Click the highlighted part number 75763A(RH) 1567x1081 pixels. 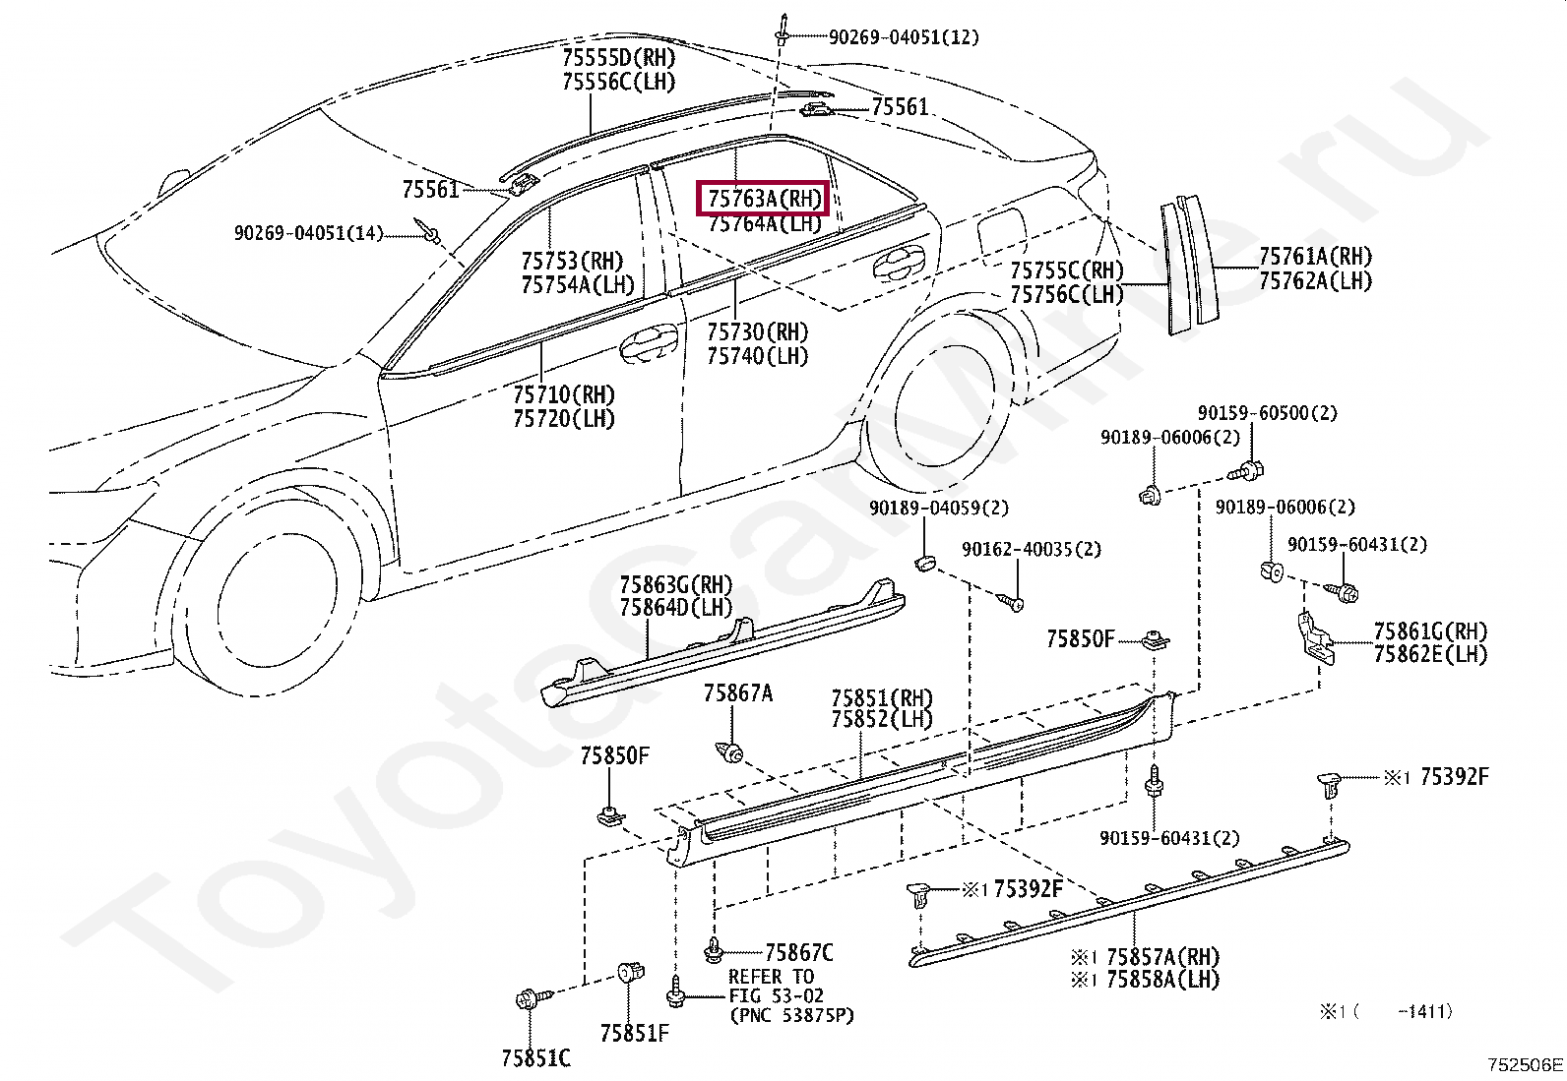(x=764, y=199)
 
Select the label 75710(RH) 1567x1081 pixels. (x=563, y=395)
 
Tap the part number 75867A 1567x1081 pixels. (x=738, y=693)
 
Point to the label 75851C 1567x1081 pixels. (x=535, y=1058)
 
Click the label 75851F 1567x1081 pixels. (x=635, y=1033)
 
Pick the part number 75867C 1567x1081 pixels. (x=798, y=952)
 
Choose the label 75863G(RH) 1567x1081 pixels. (x=675, y=585)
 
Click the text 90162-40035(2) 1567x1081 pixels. (x=1031, y=549)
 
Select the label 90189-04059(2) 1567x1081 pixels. (x=938, y=508)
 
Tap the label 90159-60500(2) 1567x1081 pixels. (x=1267, y=413)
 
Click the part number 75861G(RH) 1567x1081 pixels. (x=1430, y=631)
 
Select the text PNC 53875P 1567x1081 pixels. (x=791, y=1015)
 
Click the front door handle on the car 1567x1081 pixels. (x=647, y=341)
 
